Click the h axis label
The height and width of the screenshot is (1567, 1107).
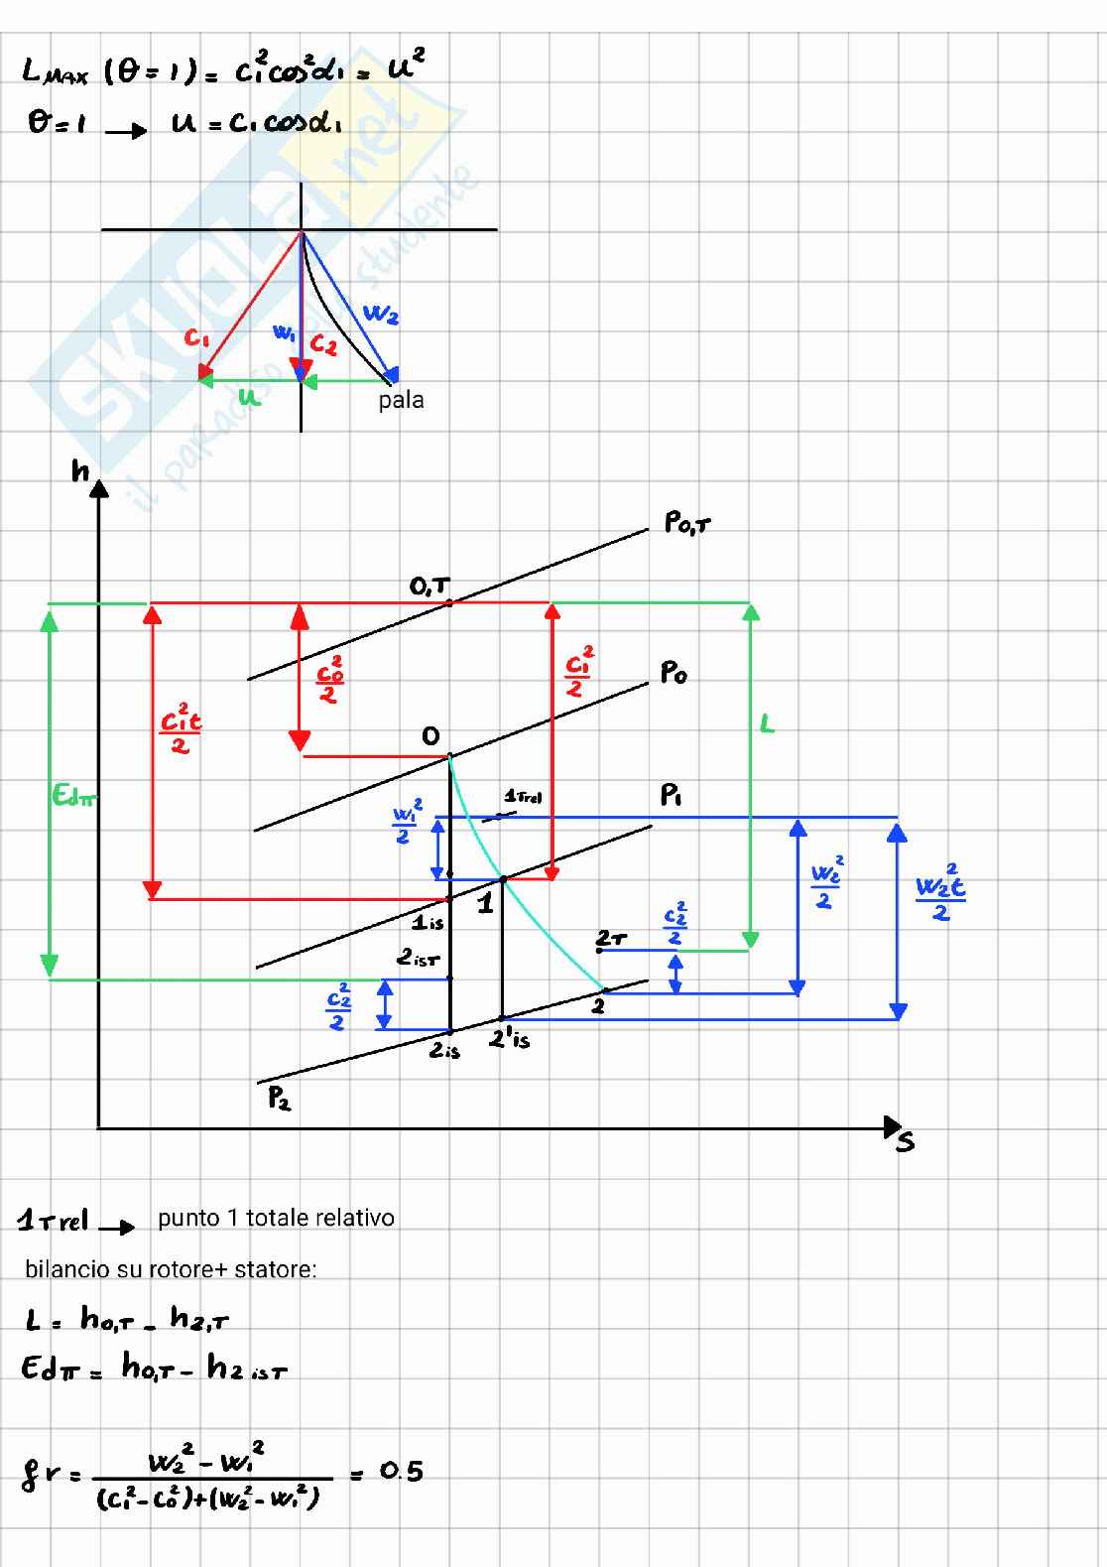[80, 469]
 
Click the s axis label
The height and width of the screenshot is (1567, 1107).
[905, 1142]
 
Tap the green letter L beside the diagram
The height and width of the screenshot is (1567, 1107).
[767, 724]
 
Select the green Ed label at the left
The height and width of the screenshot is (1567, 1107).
[74, 795]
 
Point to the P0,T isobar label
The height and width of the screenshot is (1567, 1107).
[686, 524]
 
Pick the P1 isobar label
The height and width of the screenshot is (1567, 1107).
[672, 796]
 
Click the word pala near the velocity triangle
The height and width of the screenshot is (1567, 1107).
[401, 400]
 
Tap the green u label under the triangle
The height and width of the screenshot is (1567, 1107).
[249, 398]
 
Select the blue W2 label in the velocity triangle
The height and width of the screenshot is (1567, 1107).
[381, 316]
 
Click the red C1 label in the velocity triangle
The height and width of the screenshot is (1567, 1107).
[197, 339]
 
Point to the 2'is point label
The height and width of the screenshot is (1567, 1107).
[510, 1039]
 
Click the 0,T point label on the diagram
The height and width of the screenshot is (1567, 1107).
[430, 588]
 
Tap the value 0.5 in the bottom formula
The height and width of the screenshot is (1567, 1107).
[401, 1471]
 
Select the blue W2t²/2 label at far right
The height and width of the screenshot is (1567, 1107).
[939, 891]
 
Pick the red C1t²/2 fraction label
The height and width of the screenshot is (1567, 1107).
[181, 728]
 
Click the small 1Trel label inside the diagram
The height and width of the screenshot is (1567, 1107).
[523, 796]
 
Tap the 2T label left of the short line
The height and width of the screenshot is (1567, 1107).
[611, 938]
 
